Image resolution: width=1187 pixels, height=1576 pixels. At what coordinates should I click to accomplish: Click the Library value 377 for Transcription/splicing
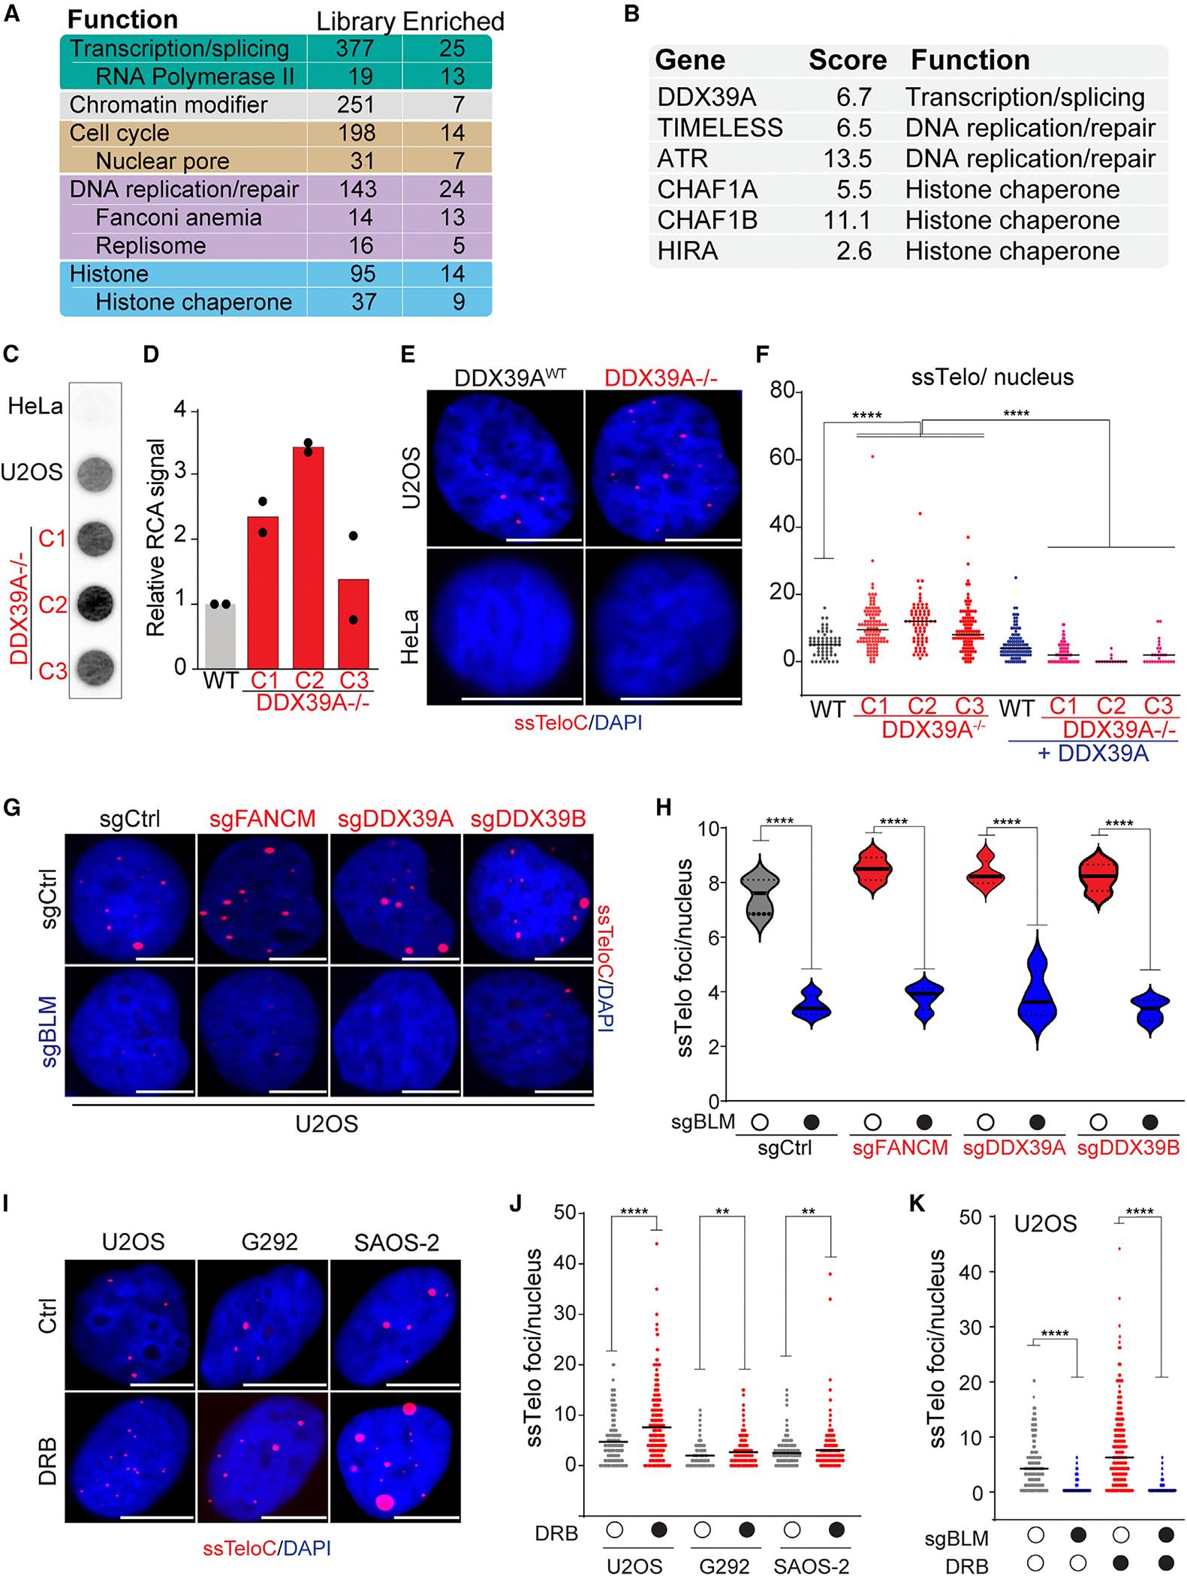coord(354,49)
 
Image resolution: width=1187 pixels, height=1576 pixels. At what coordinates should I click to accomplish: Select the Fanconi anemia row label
coord(179,218)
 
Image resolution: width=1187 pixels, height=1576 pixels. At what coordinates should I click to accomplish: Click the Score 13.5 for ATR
coord(847,158)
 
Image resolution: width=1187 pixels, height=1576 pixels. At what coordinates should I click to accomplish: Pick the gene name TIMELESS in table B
coord(720,128)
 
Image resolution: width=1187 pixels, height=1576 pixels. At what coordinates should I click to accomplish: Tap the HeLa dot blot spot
coord(95,408)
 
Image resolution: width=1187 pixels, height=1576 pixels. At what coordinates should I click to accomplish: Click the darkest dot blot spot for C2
coord(95,601)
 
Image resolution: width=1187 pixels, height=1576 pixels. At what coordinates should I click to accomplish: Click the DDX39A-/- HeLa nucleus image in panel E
coord(663,625)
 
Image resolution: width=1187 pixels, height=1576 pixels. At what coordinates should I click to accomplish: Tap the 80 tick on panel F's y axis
coord(782,391)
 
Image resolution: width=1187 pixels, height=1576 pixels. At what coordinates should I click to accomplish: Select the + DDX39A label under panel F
coord(1093,754)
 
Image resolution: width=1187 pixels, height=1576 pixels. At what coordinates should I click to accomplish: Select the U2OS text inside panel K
coord(1046,1224)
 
